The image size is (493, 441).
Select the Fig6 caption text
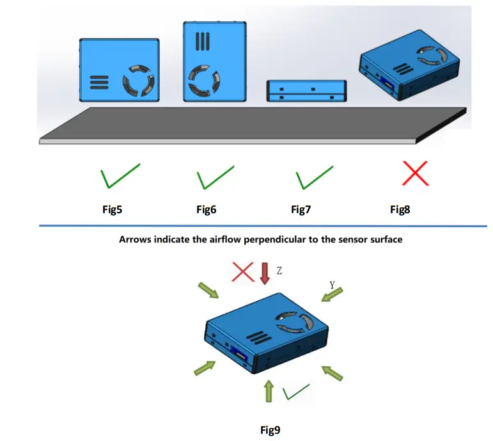click(x=206, y=209)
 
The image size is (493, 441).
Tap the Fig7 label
click(x=301, y=209)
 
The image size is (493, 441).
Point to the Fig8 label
click(x=400, y=209)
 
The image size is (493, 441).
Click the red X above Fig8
click(x=415, y=174)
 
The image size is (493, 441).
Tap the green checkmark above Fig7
click(x=313, y=176)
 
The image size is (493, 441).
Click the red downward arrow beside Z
click(x=265, y=273)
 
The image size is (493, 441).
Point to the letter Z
click(x=279, y=271)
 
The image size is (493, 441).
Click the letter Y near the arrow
click(x=332, y=284)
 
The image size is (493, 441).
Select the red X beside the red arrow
click(x=243, y=272)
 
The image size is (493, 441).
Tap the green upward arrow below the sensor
click(x=269, y=390)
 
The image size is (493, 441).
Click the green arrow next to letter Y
click(x=333, y=295)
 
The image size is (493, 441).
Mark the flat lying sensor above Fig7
click(x=306, y=90)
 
